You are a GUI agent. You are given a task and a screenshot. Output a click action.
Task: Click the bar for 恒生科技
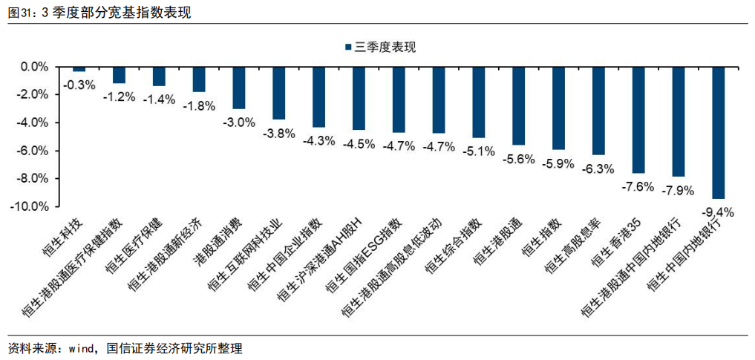[79, 69]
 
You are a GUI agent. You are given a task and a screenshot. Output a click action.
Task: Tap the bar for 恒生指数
[558, 108]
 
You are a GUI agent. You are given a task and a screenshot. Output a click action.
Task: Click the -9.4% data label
[716, 212]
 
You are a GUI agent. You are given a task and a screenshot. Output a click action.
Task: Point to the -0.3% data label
[79, 85]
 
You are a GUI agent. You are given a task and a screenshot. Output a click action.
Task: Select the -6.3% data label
[598, 168]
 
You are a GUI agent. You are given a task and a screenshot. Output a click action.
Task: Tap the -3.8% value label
[279, 134]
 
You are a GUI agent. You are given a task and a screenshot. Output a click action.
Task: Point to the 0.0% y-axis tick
[34, 67]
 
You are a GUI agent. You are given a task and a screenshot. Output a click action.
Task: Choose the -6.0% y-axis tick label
[33, 151]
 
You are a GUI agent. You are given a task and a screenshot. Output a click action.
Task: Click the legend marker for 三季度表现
[348, 48]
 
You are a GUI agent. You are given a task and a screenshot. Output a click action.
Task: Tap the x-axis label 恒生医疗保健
[137, 245]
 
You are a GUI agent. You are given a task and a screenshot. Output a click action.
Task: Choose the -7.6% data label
[637, 187]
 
